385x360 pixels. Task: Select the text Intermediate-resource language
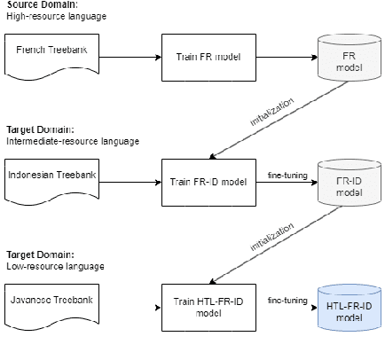point(67,140)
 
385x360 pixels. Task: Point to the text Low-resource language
point(52,264)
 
